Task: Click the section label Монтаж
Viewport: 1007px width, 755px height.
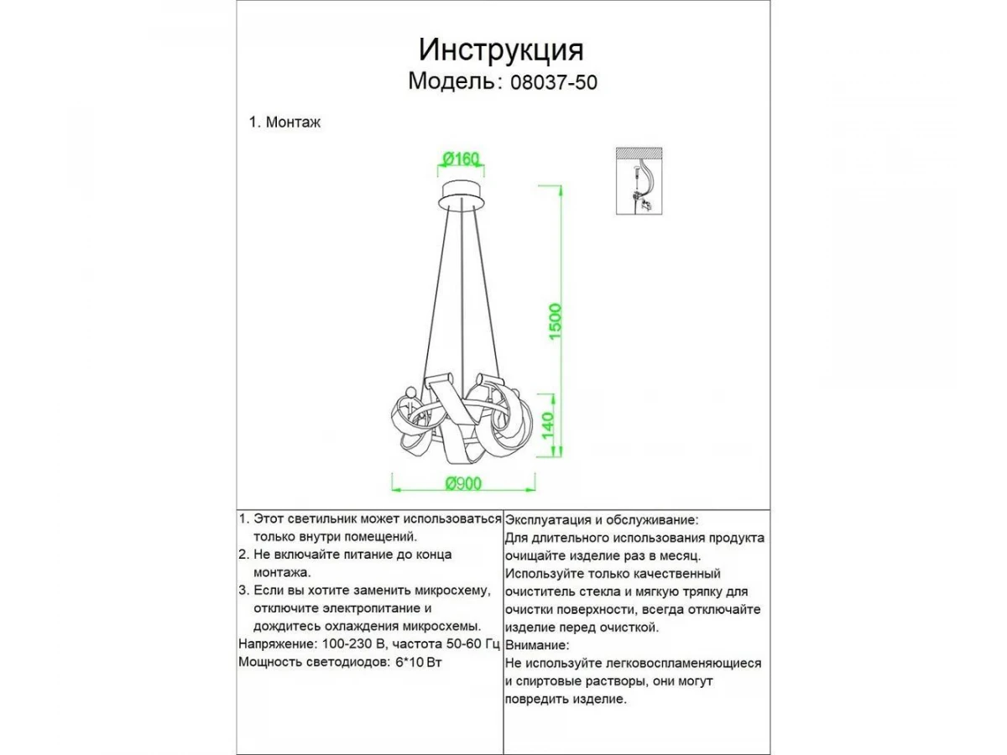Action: click(293, 122)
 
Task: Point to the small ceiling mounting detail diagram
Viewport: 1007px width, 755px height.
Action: click(640, 180)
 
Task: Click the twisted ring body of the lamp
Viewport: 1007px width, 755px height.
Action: click(462, 419)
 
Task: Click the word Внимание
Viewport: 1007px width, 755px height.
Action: click(538, 645)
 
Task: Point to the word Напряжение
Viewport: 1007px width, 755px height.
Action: click(276, 644)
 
